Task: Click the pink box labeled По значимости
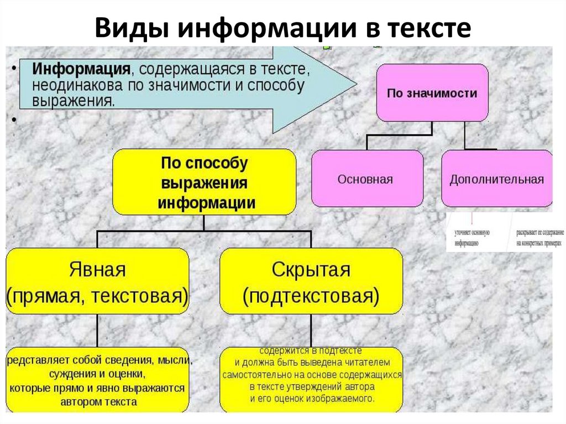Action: pos(432,93)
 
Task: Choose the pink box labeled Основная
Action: pos(366,179)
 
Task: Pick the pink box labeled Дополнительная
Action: pos(496,179)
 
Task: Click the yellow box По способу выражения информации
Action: pos(204,182)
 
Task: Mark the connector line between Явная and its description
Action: pos(98,331)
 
